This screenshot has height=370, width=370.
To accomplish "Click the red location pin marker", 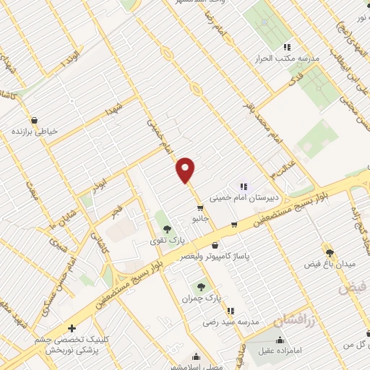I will (186, 170).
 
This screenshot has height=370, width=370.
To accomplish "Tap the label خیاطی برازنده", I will (34, 132).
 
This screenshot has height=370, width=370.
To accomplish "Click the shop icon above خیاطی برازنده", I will (34, 120).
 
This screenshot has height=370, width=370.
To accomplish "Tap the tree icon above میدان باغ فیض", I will (330, 253).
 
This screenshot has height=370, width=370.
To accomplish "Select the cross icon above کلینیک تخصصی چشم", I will (72, 328).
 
